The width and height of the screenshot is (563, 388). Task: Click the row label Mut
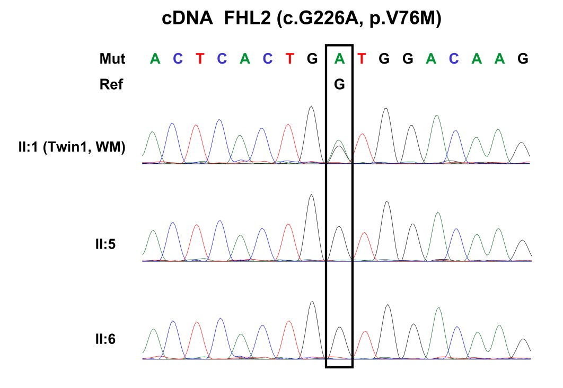pyautogui.click(x=112, y=59)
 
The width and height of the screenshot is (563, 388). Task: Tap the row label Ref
pyautogui.click(x=111, y=84)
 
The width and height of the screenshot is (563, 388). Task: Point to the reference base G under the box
pyautogui.click(x=339, y=84)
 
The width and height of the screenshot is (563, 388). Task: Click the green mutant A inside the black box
pyautogui.click(x=339, y=59)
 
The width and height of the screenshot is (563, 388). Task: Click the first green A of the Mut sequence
pyautogui.click(x=155, y=59)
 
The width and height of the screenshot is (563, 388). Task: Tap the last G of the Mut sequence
pyautogui.click(x=523, y=59)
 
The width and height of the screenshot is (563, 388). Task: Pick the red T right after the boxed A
pyautogui.click(x=362, y=59)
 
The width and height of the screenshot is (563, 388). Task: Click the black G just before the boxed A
pyautogui.click(x=312, y=59)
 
